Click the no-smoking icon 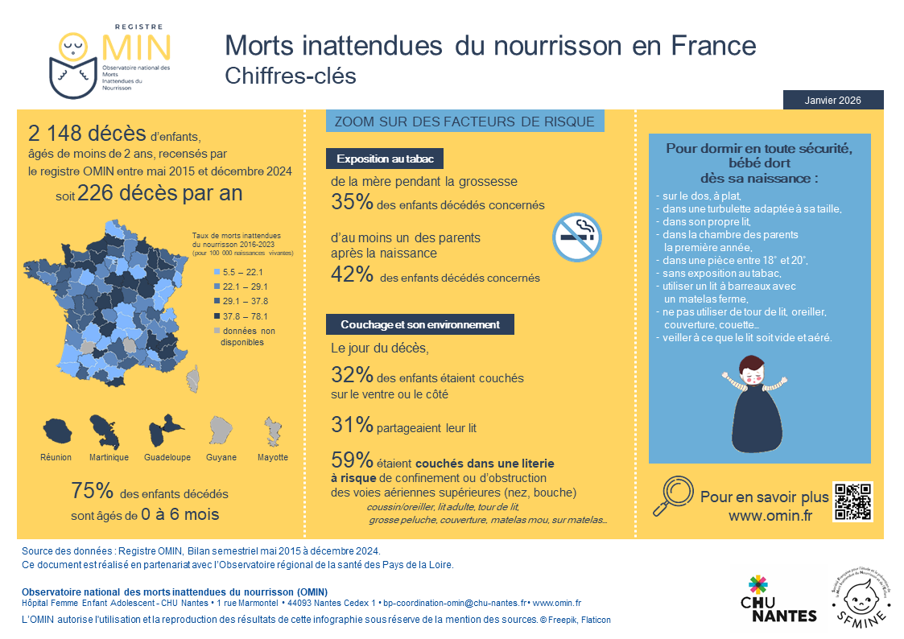[x=577, y=237]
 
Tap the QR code [x=853, y=501]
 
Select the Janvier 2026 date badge [x=832, y=100]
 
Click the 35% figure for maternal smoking [x=352, y=203]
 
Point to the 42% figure [x=352, y=275]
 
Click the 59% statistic [x=352, y=460]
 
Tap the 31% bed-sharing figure [x=352, y=425]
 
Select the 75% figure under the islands [x=90, y=491]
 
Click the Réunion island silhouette [x=56, y=432]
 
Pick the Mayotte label [x=273, y=457]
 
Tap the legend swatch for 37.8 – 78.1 [x=216, y=316]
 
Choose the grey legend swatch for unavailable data [x=216, y=331]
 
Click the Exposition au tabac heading [x=385, y=159]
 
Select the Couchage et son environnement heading [x=419, y=324]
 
